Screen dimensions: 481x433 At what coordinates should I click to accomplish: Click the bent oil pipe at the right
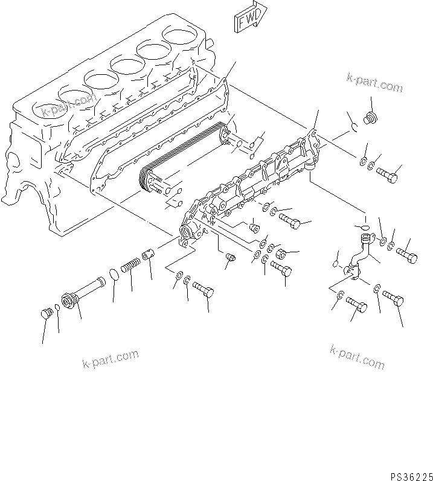(359, 260)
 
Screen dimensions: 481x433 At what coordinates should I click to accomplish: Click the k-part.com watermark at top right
(374, 83)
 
